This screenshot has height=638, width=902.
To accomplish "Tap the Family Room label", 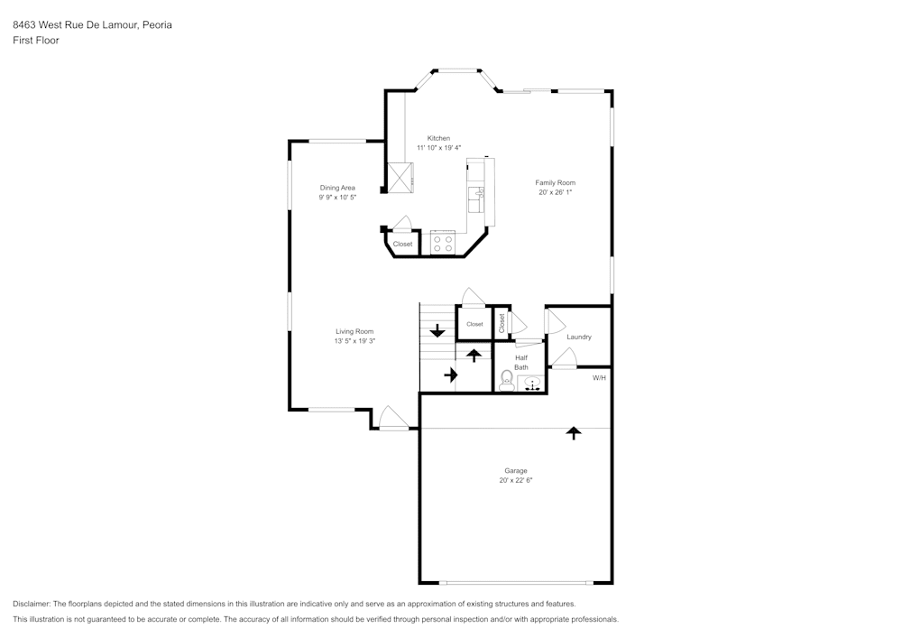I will tap(555, 182).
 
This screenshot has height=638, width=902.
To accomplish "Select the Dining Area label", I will tap(337, 188).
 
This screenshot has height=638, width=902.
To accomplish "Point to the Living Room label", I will tap(354, 331).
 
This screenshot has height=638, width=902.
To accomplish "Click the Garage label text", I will tap(515, 470).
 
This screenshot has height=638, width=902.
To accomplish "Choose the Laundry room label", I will tap(578, 337).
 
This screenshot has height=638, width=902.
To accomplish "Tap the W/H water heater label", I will tap(599, 377).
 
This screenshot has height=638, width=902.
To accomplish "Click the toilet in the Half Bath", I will tap(507, 380).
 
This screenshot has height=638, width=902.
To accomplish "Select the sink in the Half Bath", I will tap(532, 383).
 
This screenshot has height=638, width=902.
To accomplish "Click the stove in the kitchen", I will tap(442, 243).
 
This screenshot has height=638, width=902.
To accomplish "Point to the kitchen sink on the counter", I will tap(475, 194).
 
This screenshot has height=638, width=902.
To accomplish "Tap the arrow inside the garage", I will tap(573, 433).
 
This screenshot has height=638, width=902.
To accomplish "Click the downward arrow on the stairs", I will tap(437, 330).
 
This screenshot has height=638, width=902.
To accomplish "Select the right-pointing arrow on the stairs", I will tap(451, 374).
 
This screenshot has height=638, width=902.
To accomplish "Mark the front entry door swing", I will tap(393, 418).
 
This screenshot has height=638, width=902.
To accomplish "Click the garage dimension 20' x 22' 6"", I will tap(515, 481).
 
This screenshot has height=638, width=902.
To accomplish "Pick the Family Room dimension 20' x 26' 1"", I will tap(555, 192).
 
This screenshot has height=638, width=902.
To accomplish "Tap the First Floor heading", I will tap(36, 41).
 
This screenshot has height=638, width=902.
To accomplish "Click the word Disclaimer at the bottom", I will tap(32, 604).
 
